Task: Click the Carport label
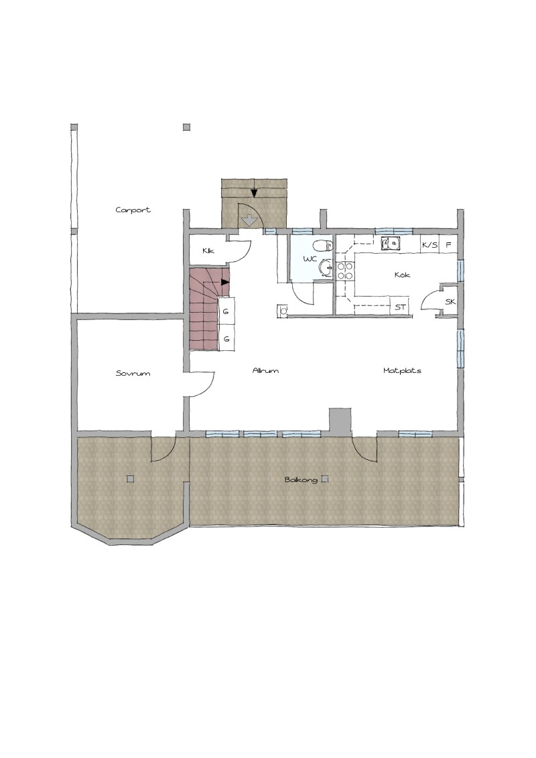[133, 210]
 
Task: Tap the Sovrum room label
[133, 373]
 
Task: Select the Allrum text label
[265, 371]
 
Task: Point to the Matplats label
[402, 371]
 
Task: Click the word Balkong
[301, 479]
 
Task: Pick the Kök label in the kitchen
[403, 275]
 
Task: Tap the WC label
[310, 259]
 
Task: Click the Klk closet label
[208, 250]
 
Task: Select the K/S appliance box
[429, 244]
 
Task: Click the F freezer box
[448, 244]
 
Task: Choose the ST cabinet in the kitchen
[399, 307]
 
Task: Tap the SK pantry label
[450, 301]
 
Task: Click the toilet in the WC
[323, 246]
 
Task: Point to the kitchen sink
[391, 243]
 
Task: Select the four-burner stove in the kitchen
[345, 271]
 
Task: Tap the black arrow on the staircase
[225, 282]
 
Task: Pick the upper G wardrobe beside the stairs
[226, 311]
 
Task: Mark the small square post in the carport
[187, 127]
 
